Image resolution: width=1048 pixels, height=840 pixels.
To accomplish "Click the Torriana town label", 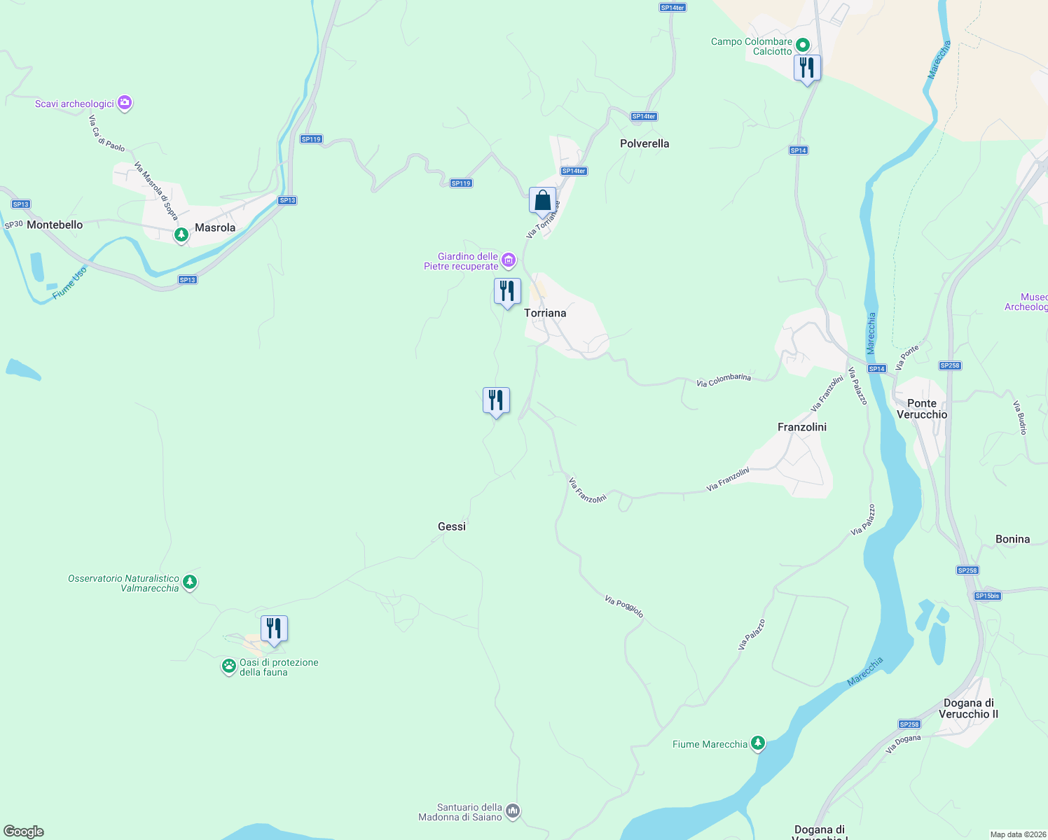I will pos(545,313).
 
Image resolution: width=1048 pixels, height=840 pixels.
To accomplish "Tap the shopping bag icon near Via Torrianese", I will pos(542,201).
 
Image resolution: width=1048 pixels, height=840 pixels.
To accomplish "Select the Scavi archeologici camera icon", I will pos(125,103).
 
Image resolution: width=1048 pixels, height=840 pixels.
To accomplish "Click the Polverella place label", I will pos(644,143).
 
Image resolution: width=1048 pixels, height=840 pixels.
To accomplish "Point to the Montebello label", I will pos(55,225).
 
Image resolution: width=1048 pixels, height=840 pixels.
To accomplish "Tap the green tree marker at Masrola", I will pos(181,234).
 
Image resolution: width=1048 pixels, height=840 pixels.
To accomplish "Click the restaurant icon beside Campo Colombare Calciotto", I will pos(807,68).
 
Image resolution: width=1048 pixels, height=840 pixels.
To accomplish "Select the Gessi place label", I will pos(452,526).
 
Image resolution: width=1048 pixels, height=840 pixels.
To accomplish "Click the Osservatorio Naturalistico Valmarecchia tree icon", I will pos(189,582).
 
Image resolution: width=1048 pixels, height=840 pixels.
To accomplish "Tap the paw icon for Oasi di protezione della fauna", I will pos(229,666).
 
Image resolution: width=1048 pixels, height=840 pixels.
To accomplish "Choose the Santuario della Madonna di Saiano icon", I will pos(513,811).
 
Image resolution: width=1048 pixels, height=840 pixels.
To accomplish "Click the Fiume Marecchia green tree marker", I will pos(757,743).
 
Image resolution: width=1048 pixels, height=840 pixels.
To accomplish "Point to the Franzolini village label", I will pos(802,427).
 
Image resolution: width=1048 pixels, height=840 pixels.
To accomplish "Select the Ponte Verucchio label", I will pos(922,409).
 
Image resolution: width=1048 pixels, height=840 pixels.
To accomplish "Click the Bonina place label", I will pos(1013,539).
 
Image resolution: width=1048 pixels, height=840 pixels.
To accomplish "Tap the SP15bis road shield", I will pos(987,596).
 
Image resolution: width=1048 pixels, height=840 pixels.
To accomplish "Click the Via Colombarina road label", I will pos(724,381).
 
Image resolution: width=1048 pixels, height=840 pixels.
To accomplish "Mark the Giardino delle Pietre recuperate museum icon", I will pos(509,261).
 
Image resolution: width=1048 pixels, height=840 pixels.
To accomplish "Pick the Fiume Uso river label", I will pos(70,283).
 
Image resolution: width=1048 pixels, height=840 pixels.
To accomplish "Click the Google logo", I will pos(24,831).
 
